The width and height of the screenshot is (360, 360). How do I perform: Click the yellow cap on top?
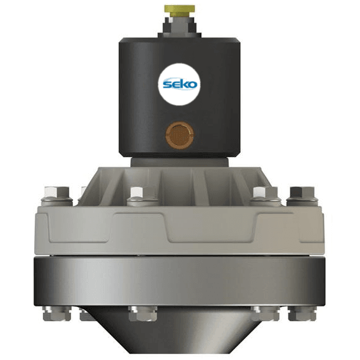180,10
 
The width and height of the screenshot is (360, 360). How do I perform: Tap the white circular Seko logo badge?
179,84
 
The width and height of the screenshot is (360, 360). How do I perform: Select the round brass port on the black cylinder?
180,135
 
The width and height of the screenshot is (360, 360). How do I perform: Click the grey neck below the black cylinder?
180,162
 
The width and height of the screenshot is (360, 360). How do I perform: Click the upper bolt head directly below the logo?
137,192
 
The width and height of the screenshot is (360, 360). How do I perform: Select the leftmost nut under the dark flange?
57,313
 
